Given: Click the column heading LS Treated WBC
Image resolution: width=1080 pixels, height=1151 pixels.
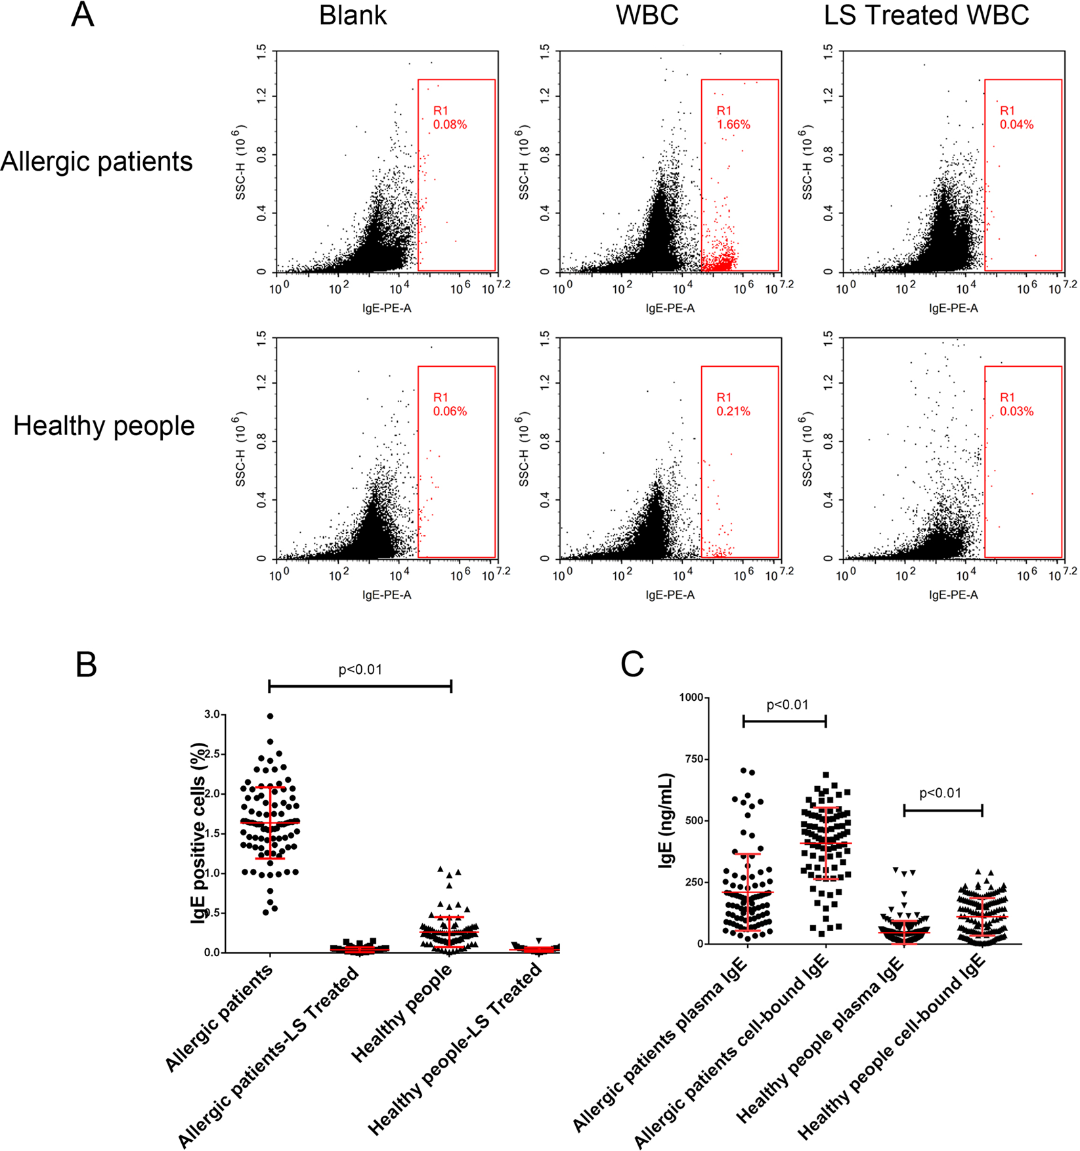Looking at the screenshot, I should pyautogui.click(x=926, y=16).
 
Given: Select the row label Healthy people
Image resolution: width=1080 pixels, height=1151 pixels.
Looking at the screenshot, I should pyautogui.click(x=104, y=426).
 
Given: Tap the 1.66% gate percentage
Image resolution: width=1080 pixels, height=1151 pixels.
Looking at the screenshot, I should pyautogui.click(x=733, y=125).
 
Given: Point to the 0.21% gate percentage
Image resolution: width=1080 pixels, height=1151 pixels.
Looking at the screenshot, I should pyautogui.click(x=733, y=411).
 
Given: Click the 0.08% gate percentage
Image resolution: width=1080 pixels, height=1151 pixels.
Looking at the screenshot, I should pyautogui.click(x=450, y=125).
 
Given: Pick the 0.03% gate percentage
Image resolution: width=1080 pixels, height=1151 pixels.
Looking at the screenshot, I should pyautogui.click(x=1016, y=411).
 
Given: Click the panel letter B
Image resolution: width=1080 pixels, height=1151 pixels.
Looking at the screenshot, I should pyautogui.click(x=86, y=665).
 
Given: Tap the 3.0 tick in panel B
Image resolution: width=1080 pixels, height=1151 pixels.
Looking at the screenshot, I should pyautogui.click(x=211, y=714).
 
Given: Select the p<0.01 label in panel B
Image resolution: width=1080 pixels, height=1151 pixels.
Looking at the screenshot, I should pyautogui.click(x=360, y=670).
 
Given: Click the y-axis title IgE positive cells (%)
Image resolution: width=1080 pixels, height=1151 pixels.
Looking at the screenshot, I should pyautogui.click(x=199, y=833).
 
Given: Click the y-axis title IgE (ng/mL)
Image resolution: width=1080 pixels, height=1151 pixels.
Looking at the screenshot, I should pyautogui.click(x=666, y=820).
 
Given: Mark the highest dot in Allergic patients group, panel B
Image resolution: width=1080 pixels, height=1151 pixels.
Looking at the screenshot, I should pyautogui.click(x=270, y=716).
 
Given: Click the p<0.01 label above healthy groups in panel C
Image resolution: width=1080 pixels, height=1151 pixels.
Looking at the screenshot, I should pyautogui.click(x=940, y=793).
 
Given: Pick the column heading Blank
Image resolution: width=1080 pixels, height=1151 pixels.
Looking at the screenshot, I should pyautogui.click(x=353, y=16).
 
